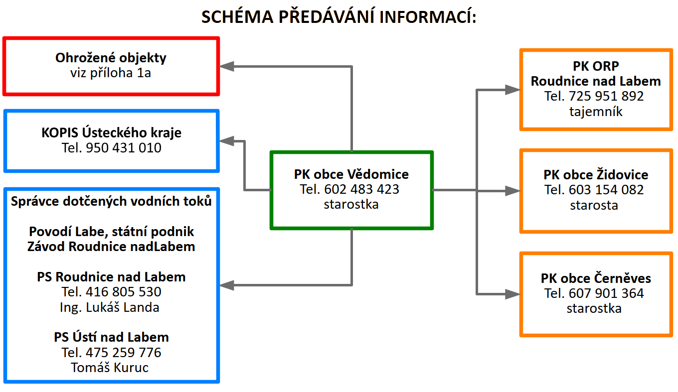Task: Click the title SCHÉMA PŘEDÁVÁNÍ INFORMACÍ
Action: [x=339, y=17]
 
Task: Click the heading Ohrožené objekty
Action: [x=111, y=58]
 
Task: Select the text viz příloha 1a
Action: [x=111, y=73]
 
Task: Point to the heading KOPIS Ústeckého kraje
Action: [x=111, y=133]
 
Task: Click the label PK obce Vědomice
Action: [x=351, y=174]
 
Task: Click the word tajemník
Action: [x=596, y=112]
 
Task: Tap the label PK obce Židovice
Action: [x=596, y=175]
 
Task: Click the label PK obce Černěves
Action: [x=596, y=278]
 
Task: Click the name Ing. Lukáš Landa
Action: [x=109, y=307]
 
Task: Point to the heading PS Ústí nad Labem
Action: [x=111, y=337]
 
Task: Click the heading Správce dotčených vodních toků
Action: [x=111, y=201]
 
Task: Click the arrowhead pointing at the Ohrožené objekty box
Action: [x=227, y=66]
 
